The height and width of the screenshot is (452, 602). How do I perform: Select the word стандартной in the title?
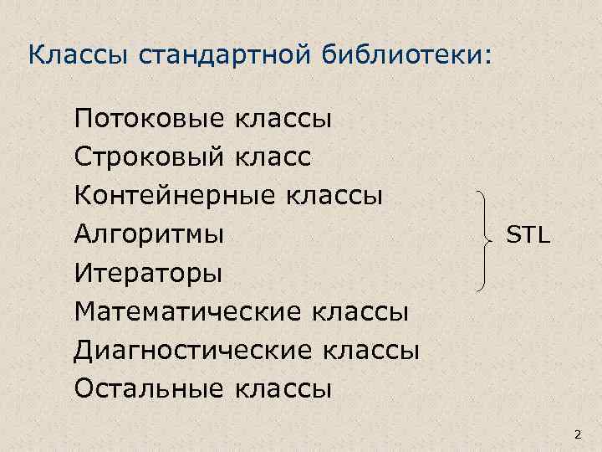click(x=219, y=56)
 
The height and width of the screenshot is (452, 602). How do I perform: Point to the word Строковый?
click(x=149, y=157)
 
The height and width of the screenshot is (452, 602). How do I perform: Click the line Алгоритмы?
click(x=149, y=234)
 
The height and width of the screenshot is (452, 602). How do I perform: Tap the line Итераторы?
click(x=148, y=273)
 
